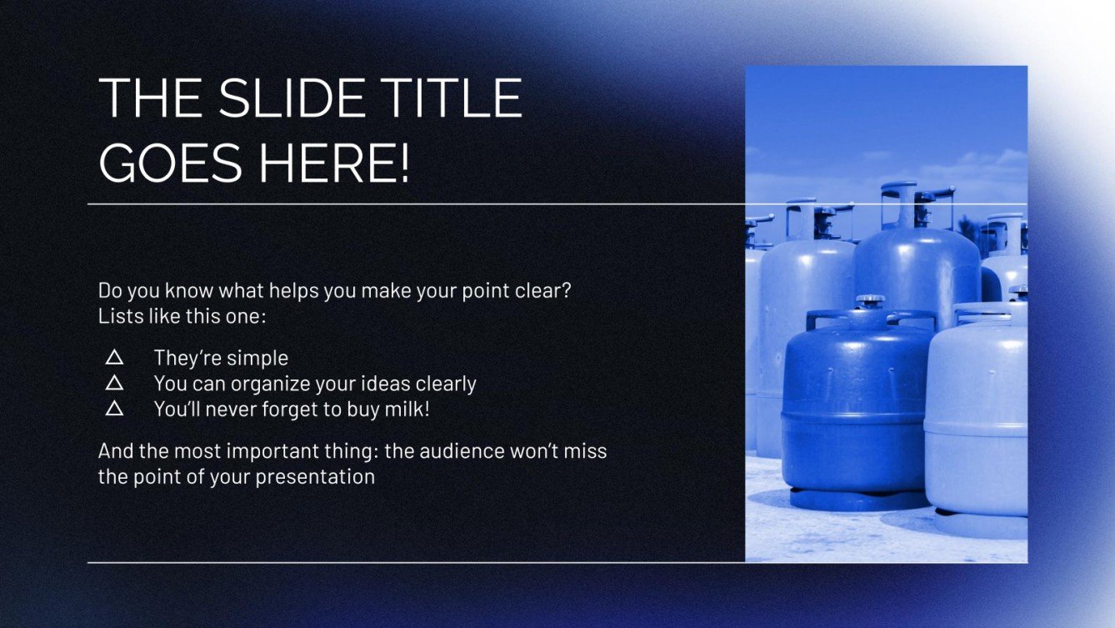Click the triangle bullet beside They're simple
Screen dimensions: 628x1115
tap(115, 358)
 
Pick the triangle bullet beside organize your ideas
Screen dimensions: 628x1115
tap(115, 384)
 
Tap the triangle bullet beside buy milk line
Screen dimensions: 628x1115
tap(115, 409)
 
